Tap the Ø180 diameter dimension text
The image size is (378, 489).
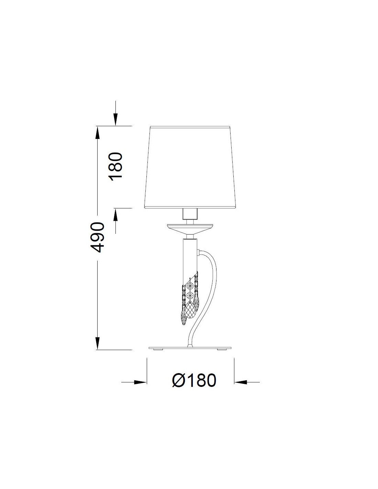[x=194, y=380]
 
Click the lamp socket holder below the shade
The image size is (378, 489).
[x=190, y=214]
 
